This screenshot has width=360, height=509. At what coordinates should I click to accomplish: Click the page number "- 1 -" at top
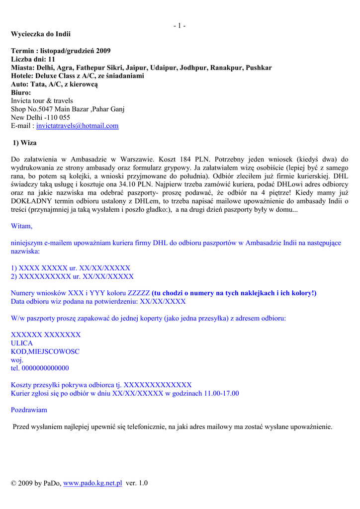point(180,25)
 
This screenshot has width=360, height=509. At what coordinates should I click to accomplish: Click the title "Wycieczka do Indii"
point(41,34)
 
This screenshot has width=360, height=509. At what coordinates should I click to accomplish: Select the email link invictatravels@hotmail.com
point(78,126)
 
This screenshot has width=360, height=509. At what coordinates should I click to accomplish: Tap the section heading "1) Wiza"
point(24,143)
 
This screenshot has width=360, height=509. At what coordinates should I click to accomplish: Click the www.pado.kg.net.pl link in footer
point(93,483)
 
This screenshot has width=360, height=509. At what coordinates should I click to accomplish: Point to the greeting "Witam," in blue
point(21,226)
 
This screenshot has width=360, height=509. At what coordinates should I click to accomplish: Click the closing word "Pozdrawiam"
point(29,410)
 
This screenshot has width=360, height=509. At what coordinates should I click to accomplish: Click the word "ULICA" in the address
point(22,343)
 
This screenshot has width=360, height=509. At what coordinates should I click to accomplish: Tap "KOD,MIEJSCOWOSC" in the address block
point(45,351)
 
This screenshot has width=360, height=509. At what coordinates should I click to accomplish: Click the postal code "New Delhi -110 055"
point(41,117)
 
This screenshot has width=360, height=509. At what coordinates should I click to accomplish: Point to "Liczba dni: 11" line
point(33,59)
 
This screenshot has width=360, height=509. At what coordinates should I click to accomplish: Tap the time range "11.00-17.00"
point(222,393)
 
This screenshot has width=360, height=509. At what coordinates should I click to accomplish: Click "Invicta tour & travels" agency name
point(42,100)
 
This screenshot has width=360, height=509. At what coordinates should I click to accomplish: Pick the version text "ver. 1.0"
point(137,483)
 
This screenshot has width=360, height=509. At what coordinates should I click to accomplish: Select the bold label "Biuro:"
point(21,92)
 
